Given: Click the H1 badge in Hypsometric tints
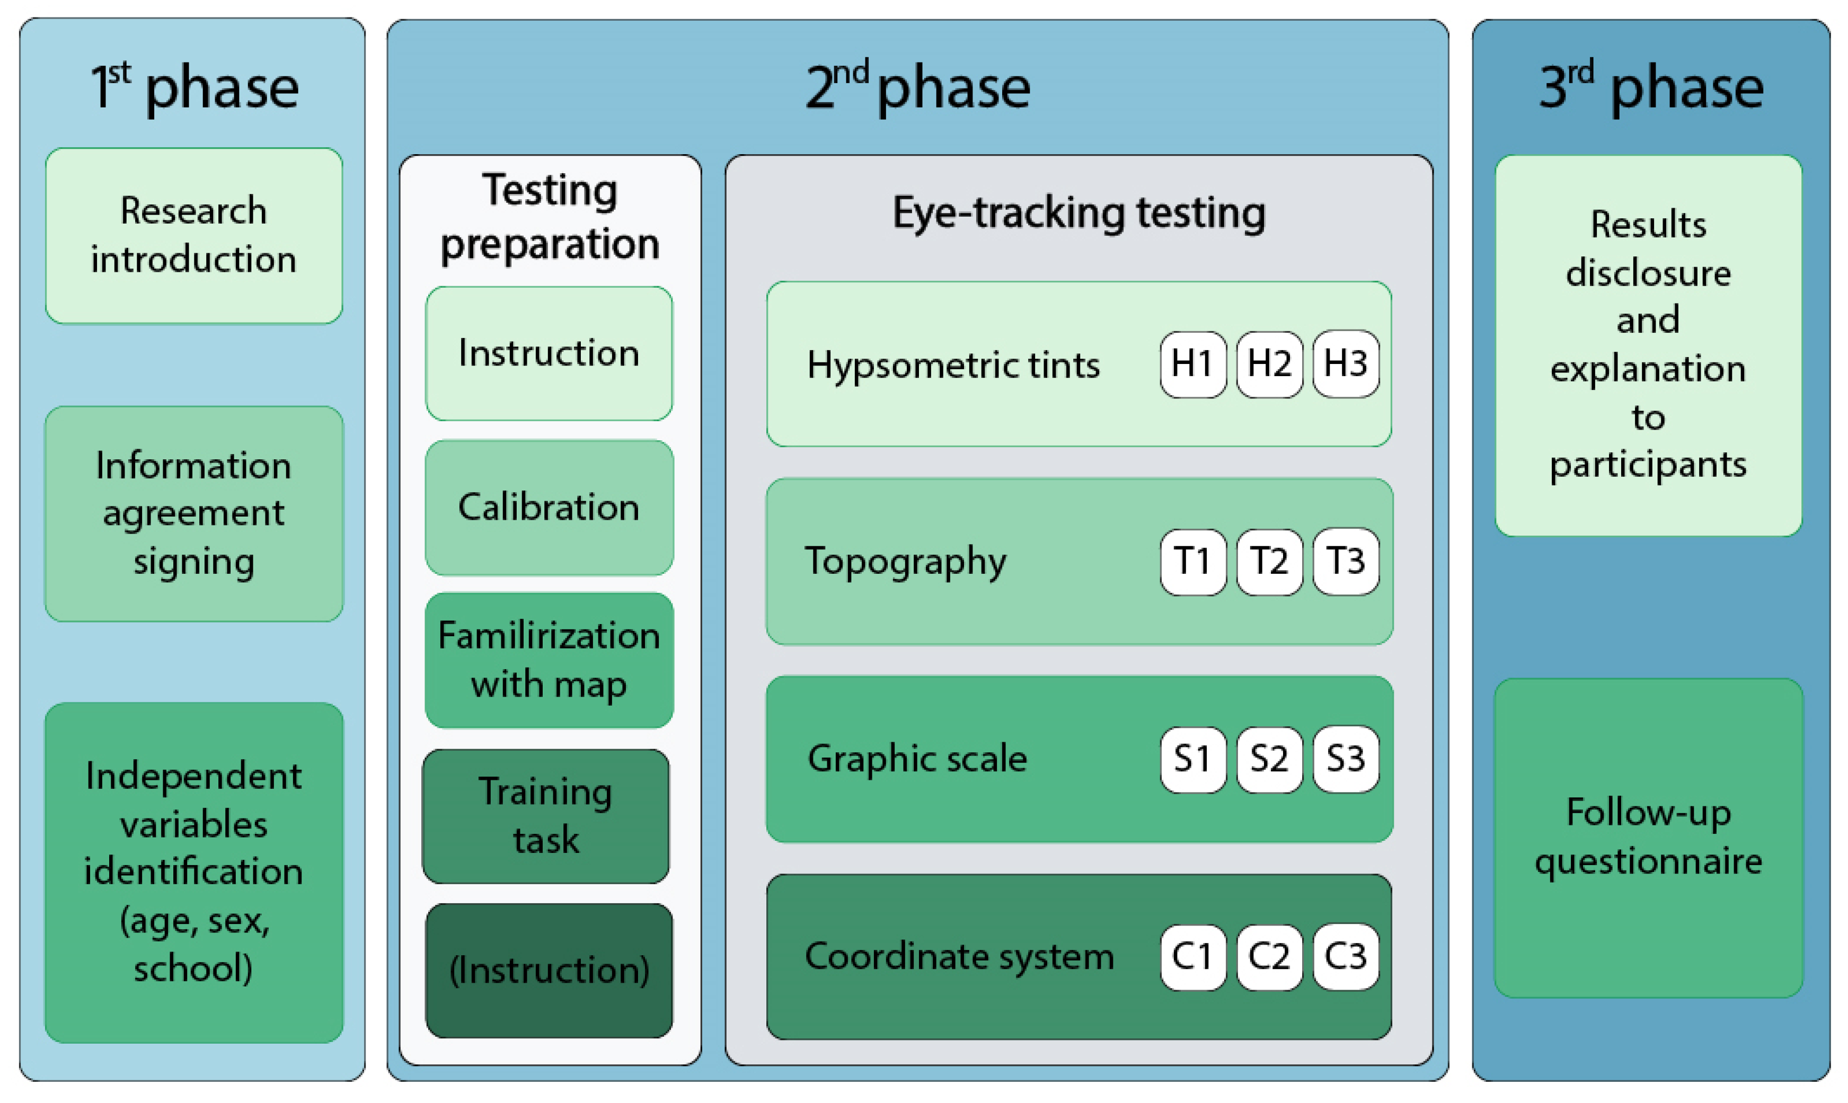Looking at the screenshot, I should (1192, 364).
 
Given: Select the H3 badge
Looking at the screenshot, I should (1346, 364).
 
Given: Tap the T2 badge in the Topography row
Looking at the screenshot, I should (1269, 562).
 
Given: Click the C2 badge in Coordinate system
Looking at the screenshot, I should (1269, 957).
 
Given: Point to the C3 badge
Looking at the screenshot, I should (1346, 957).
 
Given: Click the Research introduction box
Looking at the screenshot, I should (194, 236).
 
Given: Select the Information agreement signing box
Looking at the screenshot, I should (194, 513).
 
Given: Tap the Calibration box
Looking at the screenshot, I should (549, 508).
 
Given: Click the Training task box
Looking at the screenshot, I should (546, 816).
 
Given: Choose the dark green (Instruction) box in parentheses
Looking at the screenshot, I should (549, 971).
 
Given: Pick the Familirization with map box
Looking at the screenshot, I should (549, 660).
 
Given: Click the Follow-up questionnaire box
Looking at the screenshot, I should (1648, 838).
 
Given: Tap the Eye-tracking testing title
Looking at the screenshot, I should (1078, 214).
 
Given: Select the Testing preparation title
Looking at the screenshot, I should (550, 217).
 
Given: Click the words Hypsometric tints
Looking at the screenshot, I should (953, 366).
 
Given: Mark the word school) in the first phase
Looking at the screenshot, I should (193, 968).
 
